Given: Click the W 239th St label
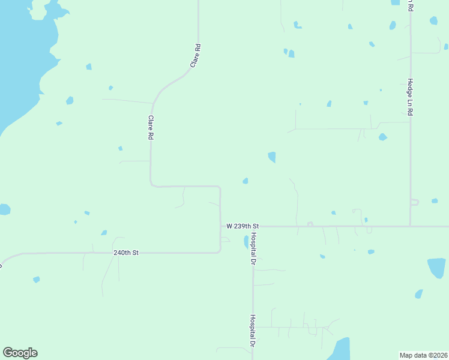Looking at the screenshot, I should (242, 226).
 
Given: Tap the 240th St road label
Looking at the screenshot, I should (126, 253).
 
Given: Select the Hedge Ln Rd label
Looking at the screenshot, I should (411, 97).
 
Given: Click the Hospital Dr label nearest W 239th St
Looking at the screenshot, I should (253, 248).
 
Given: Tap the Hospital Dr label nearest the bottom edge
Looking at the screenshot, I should (253, 331).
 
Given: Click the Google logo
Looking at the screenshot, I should (20, 353).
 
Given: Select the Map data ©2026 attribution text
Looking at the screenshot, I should (423, 355).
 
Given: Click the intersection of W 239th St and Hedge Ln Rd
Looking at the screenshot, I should (410, 226).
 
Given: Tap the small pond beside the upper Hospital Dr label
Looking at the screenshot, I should (246, 242).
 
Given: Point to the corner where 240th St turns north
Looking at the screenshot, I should (220, 252).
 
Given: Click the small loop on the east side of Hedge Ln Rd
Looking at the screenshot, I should (414, 202).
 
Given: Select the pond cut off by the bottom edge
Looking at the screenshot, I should (340, 350).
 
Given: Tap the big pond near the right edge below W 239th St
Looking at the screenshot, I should (436, 268).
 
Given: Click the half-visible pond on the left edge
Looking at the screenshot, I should (4, 209).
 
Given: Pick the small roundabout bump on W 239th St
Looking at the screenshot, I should (310, 224).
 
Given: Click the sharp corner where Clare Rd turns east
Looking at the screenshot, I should (151, 185).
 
